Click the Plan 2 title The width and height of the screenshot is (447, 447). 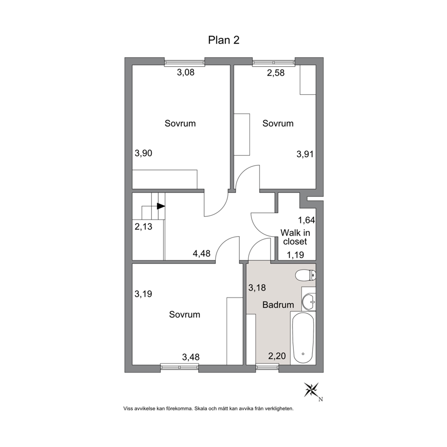[x=223, y=40]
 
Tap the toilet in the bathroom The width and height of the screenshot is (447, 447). [x=306, y=276]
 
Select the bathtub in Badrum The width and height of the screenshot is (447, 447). [x=303, y=338]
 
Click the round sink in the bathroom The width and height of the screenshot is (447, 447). [x=309, y=301]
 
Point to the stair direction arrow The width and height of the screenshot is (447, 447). [x=161, y=206]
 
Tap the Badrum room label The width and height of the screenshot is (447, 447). [x=278, y=305]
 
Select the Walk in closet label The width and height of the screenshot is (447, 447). [x=295, y=237]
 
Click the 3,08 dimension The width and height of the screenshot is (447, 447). [x=186, y=73]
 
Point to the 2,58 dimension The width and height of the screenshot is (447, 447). [x=276, y=73]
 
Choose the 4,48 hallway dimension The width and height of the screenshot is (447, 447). [x=201, y=253]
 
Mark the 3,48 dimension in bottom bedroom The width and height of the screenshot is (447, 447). [x=191, y=357]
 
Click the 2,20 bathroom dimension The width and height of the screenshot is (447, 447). [x=277, y=356]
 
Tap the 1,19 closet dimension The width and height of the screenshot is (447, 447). [x=295, y=255]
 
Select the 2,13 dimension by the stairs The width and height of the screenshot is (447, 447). [x=143, y=227]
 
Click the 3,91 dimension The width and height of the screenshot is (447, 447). [x=305, y=154]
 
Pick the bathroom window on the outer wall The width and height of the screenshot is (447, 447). [x=267, y=367]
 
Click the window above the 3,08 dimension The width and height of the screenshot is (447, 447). [x=185, y=63]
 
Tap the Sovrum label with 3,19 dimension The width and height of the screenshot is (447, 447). [x=184, y=315]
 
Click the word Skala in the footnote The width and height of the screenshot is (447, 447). [x=200, y=409]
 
